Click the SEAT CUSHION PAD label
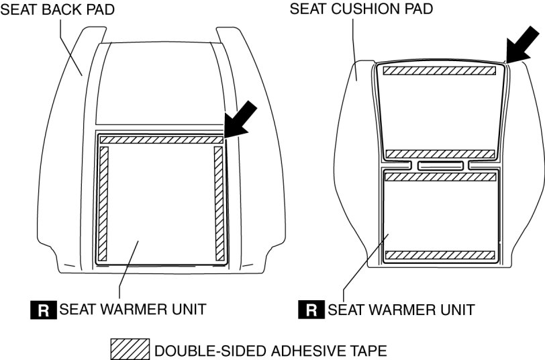pos(361,9)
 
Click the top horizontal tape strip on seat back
pos(160,140)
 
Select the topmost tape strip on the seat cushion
pos(440,69)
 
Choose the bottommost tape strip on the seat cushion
pos(440,255)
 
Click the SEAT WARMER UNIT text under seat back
pos(132,310)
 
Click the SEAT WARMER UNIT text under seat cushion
pos(401,310)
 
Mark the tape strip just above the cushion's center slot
pos(440,154)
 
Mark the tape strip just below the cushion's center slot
pos(440,177)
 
